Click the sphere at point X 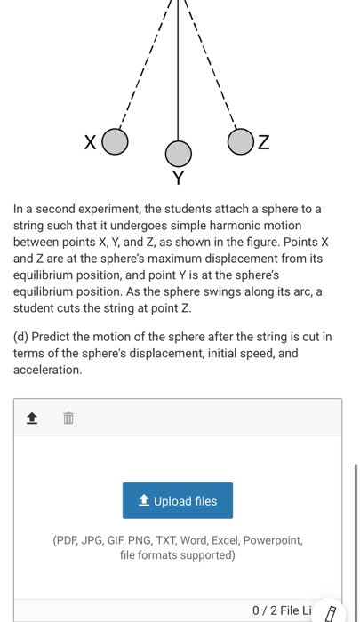pos(115,140)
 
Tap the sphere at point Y pos(179,154)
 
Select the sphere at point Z pos(241,141)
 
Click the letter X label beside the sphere pos(90,141)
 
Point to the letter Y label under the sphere pos(179,179)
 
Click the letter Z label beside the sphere pos(264,142)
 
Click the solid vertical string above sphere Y pos(179,71)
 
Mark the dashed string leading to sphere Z pos(213,71)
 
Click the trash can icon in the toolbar pos(68,418)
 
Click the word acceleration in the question pos(47,370)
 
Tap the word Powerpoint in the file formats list pos(270,539)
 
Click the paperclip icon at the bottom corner pos(332,612)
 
